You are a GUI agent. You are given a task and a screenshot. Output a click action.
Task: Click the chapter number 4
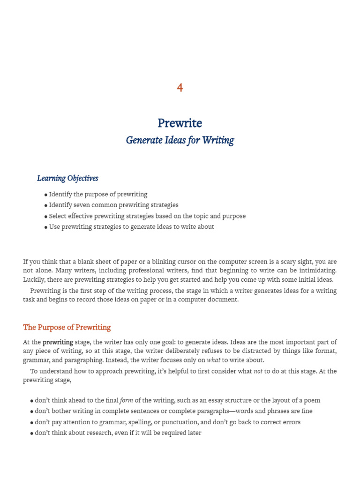pos(180,88)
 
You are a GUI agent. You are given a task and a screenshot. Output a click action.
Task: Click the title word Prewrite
pos(180,123)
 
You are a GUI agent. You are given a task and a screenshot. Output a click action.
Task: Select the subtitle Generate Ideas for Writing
pos(180,140)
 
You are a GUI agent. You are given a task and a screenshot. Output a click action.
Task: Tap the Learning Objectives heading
pos(67,178)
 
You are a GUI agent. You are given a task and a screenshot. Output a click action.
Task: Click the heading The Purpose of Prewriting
pos(67,327)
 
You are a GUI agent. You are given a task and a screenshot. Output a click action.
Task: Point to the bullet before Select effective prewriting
pos(46,217)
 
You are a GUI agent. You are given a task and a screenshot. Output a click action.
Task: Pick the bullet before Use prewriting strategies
pos(46,227)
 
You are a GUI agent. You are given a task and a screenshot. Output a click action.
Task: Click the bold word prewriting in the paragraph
pos(58,342)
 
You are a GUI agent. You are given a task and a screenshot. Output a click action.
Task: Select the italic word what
pos(213,360)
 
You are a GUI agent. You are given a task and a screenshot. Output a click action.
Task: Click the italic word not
pos(258,371)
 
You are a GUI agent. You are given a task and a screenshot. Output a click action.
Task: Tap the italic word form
pos(127,400)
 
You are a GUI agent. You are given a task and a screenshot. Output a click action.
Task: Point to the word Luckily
pos(34,279)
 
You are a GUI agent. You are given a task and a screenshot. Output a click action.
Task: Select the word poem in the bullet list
pos(312,400)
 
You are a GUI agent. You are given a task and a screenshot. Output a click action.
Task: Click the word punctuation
pos(179,422)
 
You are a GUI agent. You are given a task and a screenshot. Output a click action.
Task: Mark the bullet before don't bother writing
pos(32,412)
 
